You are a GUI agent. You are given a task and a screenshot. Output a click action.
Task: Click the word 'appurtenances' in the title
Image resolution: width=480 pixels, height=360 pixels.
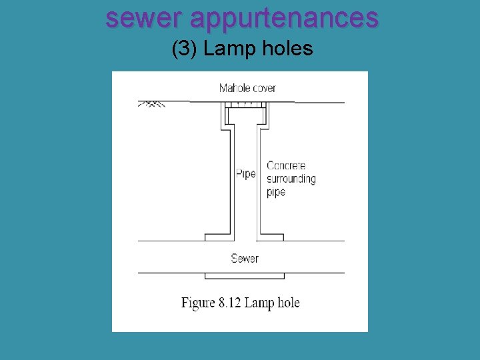click(x=284, y=19)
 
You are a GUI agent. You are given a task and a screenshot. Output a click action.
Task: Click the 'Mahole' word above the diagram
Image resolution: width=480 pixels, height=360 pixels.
click(x=234, y=88)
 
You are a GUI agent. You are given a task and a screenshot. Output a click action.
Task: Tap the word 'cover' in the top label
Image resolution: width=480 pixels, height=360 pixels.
click(x=263, y=88)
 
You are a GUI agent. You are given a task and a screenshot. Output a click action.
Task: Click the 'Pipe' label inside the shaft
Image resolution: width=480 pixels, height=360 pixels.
click(x=245, y=174)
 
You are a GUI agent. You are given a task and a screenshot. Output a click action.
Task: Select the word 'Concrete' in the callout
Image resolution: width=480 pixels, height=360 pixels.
click(x=286, y=165)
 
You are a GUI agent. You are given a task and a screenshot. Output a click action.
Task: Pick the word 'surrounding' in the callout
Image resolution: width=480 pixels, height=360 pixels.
click(x=291, y=179)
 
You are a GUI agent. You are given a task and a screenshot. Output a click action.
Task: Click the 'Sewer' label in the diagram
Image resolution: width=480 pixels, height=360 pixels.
click(x=245, y=258)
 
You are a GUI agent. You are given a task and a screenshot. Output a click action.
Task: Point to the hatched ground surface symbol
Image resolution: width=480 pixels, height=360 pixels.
click(x=151, y=104)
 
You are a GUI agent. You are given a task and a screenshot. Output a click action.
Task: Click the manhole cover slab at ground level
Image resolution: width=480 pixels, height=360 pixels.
click(x=246, y=105)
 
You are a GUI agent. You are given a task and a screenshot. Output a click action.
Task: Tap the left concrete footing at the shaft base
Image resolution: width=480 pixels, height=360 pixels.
click(x=217, y=237)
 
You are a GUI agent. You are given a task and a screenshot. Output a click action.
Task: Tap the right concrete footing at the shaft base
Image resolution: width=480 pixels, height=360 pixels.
click(x=271, y=237)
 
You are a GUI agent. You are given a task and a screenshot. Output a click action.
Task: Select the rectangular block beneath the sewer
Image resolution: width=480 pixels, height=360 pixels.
click(x=245, y=275)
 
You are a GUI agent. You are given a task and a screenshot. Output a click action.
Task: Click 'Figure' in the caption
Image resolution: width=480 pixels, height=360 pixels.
click(x=198, y=303)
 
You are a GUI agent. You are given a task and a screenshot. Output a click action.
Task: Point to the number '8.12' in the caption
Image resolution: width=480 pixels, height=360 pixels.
click(x=229, y=303)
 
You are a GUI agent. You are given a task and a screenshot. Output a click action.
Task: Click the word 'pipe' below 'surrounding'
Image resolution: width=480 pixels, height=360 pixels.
click(x=276, y=192)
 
